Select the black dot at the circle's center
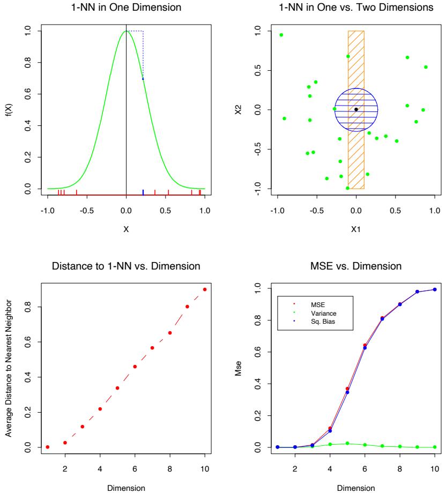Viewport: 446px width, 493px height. [x=356, y=109]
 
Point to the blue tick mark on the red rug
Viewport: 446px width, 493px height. [x=143, y=192]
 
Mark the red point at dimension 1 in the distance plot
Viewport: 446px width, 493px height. [x=48, y=447]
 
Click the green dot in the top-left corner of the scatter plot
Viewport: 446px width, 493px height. [x=281, y=35]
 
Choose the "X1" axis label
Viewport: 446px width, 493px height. [x=355, y=229]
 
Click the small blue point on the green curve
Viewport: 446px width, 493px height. [x=143, y=79]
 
